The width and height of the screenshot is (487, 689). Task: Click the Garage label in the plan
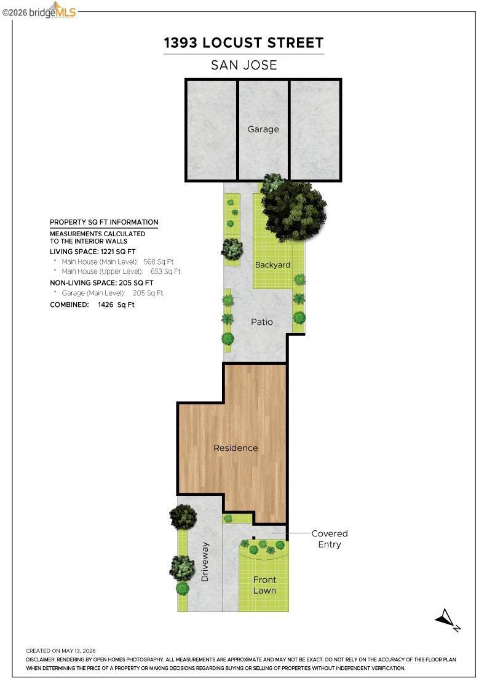263,129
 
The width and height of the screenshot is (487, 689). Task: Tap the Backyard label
272,265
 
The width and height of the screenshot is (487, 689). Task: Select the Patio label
262,322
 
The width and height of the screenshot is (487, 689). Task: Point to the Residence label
236,448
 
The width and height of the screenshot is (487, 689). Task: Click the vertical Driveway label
205,562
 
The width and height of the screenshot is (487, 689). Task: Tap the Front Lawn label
264,585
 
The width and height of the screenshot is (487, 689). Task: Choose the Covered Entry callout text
330,539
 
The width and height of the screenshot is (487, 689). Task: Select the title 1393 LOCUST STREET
244,42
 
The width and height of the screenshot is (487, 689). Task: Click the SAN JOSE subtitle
244,65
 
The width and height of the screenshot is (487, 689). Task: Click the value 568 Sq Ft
159,261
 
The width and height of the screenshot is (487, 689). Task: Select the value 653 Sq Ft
165,271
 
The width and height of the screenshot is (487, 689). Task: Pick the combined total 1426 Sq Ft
116,305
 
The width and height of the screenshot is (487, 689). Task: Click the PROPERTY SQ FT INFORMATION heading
104,222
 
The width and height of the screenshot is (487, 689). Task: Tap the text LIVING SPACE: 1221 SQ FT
93,252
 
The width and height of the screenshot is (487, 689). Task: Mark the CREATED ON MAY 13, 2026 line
61,651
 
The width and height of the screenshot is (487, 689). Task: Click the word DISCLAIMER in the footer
41,659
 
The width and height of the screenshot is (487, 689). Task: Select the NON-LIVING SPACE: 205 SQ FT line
101,283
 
